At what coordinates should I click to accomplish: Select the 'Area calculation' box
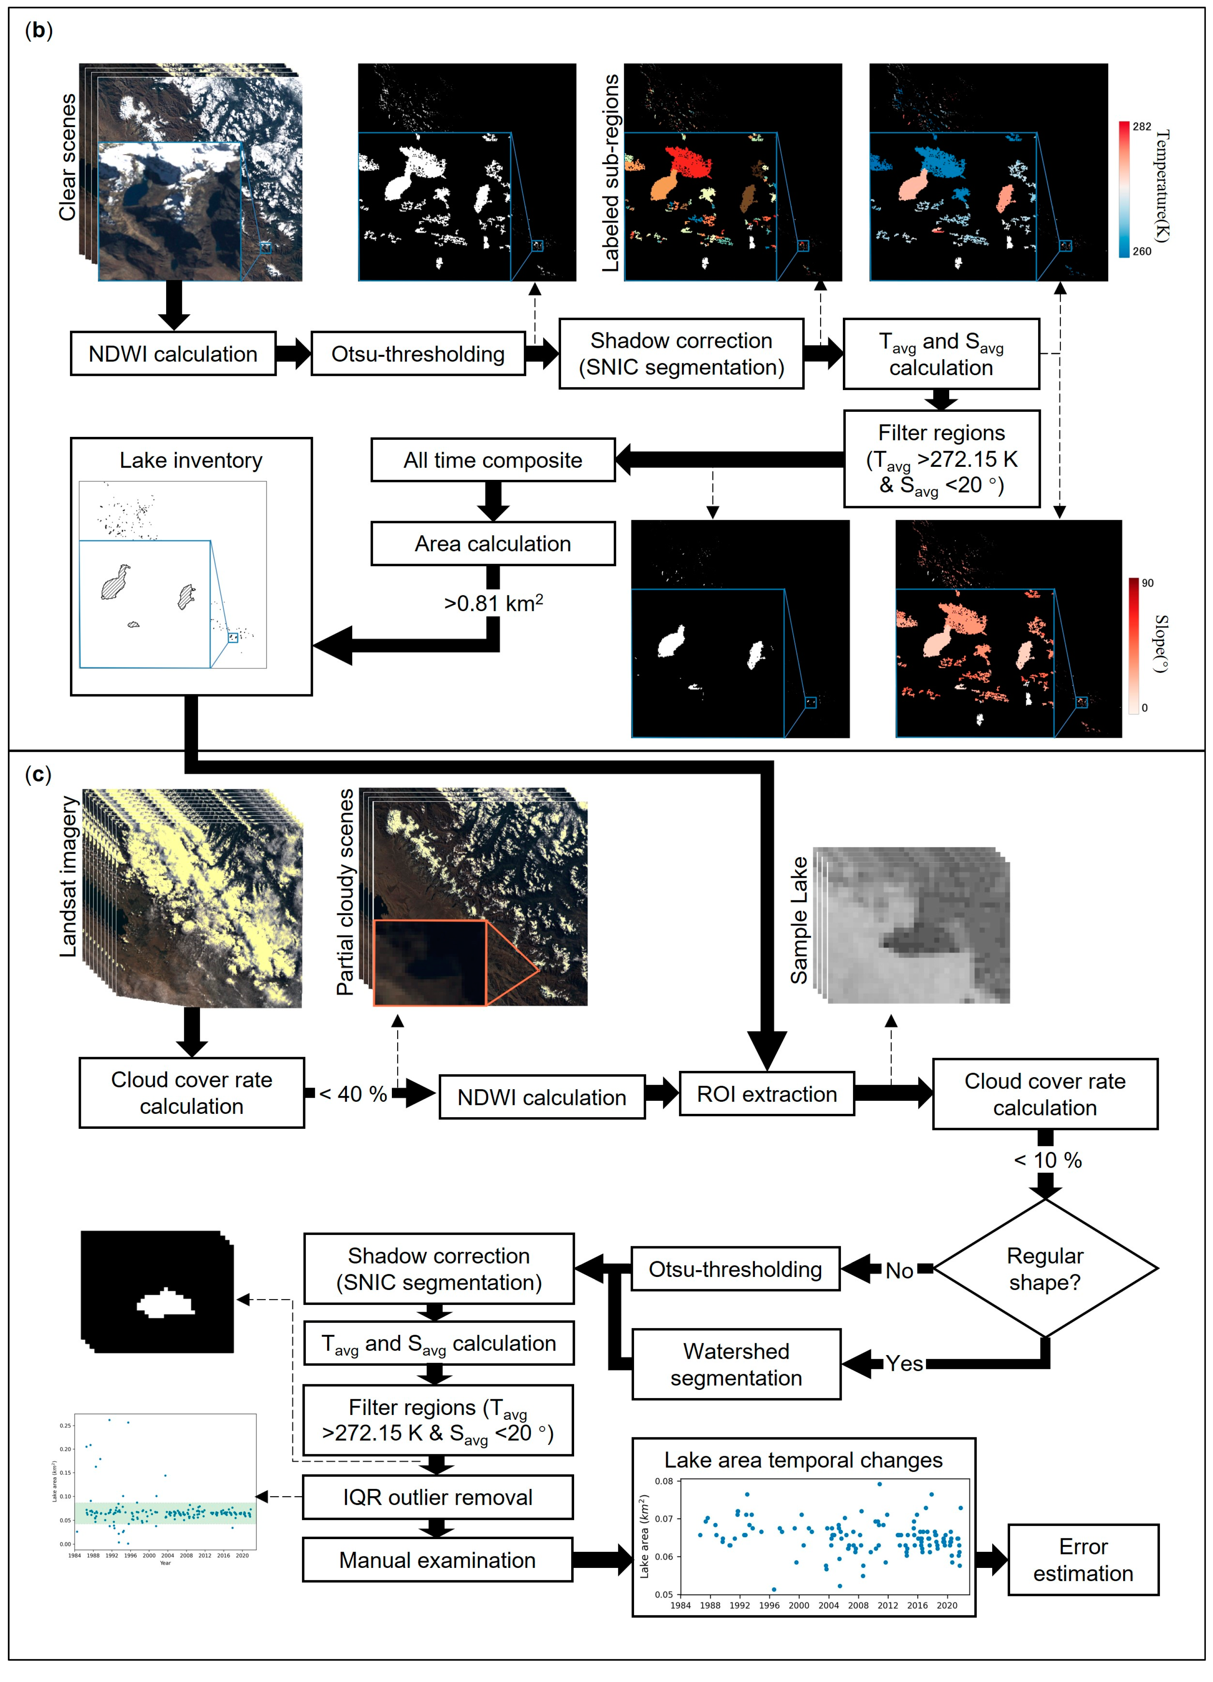click(493, 543)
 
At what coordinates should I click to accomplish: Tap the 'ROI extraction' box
click(766, 1094)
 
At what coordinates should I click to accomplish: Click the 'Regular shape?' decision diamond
click(1045, 1269)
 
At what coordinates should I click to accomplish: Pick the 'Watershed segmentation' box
click(736, 1364)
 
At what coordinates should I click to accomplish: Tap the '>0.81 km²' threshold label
click(493, 603)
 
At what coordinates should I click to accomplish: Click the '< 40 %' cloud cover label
click(353, 1094)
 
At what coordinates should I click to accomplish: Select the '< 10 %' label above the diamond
click(1048, 1160)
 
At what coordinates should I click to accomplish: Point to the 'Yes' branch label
click(904, 1363)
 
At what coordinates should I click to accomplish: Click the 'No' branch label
click(899, 1271)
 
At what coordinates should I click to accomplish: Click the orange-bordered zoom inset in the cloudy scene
click(430, 963)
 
